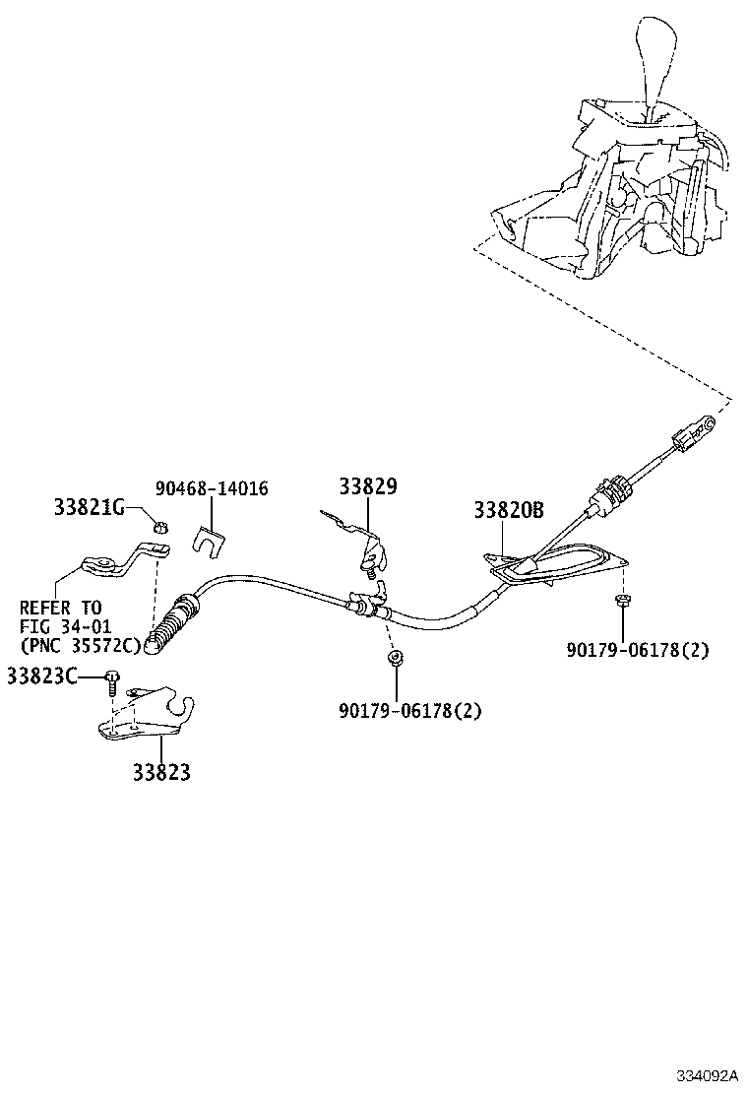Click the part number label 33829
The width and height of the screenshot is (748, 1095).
(367, 486)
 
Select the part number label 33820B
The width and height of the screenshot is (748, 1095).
(508, 510)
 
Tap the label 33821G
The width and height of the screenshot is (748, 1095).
(89, 507)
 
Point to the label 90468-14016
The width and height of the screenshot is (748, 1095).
(212, 489)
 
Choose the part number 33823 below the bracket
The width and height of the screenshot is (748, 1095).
(161, 773)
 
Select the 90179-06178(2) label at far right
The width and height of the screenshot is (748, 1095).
(637, 650)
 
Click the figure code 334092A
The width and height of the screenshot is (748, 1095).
(706, 1075)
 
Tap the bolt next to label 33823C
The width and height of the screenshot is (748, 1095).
(113, 679)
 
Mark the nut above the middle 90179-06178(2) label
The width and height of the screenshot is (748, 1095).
(393, 658)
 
